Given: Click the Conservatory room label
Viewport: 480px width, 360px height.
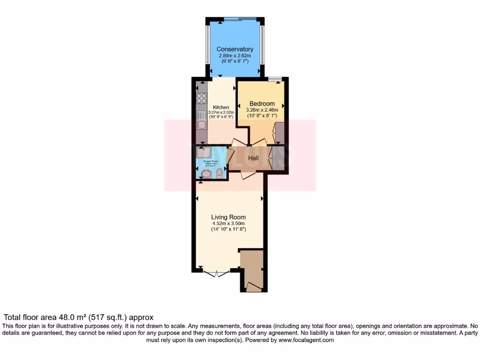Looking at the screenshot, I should point(235,49).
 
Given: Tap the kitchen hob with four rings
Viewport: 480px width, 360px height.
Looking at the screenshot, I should point(202,98).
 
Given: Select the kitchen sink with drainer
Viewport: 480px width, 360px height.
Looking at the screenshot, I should point(202,120).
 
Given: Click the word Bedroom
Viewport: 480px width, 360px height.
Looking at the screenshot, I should point(262,104).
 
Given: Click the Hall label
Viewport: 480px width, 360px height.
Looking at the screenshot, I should point(254,158).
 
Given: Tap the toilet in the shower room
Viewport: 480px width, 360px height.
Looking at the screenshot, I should point(219,173).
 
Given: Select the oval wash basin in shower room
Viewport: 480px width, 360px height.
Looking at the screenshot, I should point(205,174).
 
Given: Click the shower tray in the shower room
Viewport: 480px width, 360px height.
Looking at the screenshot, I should point(204,152).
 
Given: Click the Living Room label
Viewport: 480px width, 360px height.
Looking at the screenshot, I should point(228,217).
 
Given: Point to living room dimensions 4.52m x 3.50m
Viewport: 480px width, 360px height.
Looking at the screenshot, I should point(228,224).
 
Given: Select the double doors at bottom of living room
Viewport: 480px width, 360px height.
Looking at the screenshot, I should point(217,273).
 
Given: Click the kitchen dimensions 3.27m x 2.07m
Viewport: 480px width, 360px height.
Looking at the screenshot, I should point(221,112).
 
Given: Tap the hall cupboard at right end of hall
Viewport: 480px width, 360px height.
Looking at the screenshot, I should point(279,158).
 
